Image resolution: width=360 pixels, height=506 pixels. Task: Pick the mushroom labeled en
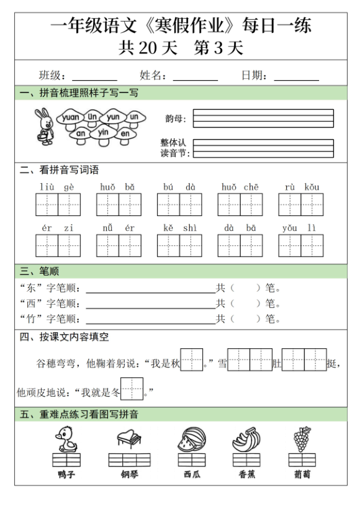(125, 133)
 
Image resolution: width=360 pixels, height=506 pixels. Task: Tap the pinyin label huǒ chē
(240, 186)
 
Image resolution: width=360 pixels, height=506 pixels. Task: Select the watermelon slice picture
(191, 440)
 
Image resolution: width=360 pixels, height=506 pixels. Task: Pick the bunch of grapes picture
(302, 439)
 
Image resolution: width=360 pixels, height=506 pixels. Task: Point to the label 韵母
(175, 117)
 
